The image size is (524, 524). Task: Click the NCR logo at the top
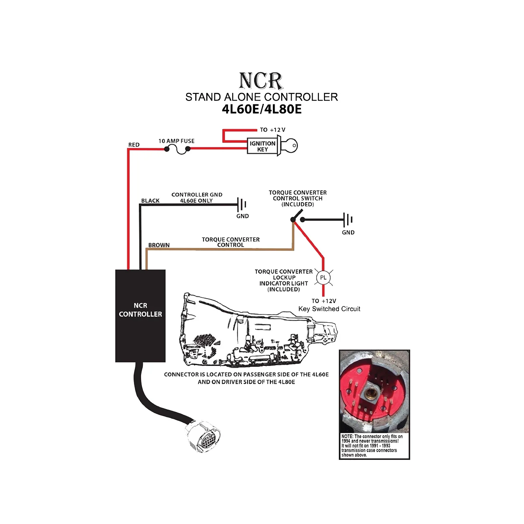click(x=261, y=81)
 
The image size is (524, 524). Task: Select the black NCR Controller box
click(x=140, y=315)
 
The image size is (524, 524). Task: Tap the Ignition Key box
click(x=262, y=146)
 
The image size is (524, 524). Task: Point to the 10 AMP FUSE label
click(x=176, y=141)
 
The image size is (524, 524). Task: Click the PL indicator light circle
click(x=323, y=278)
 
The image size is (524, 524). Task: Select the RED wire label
click(x=134, y=145)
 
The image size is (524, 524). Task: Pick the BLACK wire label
click(x=150, y=201)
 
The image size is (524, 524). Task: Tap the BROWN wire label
click(x=159, y=245)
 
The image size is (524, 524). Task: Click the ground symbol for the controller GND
click(x=242, y=204)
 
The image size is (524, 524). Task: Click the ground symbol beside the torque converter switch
click(x=348, y=219)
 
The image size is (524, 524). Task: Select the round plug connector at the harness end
click(x=203, y=437)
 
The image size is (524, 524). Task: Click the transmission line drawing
click(x=258, y=332)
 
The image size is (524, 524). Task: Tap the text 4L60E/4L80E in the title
click(x=262, y=109)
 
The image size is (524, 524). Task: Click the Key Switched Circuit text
click(x=329, y=309)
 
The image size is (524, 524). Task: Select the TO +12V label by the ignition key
click(x=272, y=130)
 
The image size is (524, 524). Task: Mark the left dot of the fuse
click(x=167, y=149)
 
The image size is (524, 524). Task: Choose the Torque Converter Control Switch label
click(x=298, y=198)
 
